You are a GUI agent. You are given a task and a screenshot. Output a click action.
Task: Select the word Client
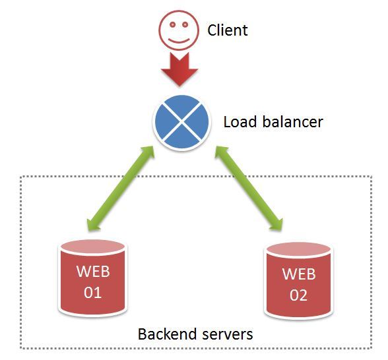click(228, 30)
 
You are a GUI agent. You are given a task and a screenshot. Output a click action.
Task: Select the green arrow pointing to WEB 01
click(123, 191)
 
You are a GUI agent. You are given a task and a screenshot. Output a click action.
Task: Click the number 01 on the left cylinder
click(93, 292)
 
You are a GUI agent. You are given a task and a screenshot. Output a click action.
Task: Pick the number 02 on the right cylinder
click(299, 295)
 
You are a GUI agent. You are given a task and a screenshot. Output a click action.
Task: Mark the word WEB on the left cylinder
click(93, 271)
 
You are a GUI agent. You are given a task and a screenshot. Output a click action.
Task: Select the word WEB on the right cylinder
click(299, 274)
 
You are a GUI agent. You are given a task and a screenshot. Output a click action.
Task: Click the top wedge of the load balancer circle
click(181, 107)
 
